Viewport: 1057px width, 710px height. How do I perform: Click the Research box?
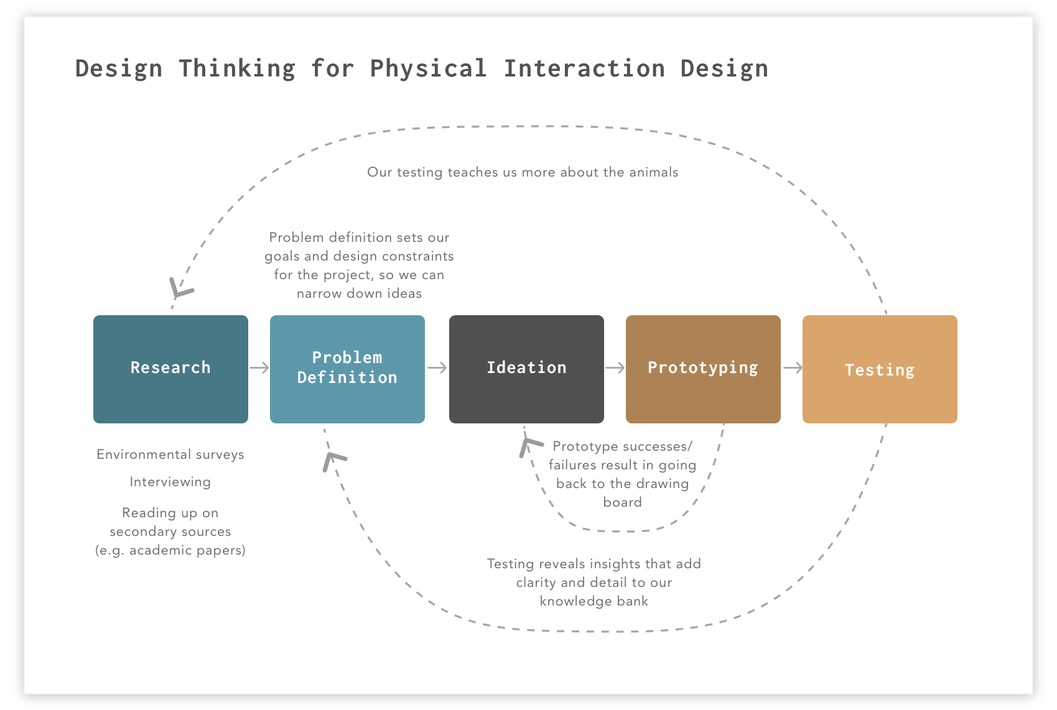pyautogui.click(x=170, y=369)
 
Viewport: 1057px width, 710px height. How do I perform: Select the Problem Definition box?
pyautogui.click(x=347, y=369)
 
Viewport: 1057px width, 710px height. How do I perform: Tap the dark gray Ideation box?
pyautogui.click(x=526, y=369)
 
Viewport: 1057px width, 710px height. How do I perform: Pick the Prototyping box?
pyautogui.click(x=703, y=369)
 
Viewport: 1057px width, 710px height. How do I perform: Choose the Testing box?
pyautogui.click(x=880, y=369)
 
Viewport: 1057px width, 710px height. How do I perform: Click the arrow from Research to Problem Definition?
pyautogui.click(x=259, y=368)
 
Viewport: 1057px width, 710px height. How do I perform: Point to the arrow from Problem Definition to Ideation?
pyautogui.click(x=437, y=368)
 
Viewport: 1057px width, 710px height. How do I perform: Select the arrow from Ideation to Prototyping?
pyautogui.click(x=615, y=368)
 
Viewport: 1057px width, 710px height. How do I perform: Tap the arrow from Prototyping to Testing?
pyautogui.click(x=792, y=368)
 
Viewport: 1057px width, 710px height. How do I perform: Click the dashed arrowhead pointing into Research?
pyautogui.click(x=179, y=289)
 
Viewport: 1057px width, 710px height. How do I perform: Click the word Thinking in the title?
pyautogui.click(x=237, y=68)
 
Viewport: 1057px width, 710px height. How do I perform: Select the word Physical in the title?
pyautogui.click(x=428, y=68)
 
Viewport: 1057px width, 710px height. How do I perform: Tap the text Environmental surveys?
pyautogui.click(x=170, y=454)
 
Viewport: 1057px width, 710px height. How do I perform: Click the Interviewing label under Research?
pyautogui.click(x=170, y=482)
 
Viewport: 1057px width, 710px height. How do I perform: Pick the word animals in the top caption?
pyautogui.click(x=653, y=172)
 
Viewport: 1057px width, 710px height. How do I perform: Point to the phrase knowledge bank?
pyautogui.click(x=594, y=601)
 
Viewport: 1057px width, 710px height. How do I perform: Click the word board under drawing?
pyautogui.click(x=622, y=502)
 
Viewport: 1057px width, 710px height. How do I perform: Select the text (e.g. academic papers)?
pyautogui.click(x=170, y=550)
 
